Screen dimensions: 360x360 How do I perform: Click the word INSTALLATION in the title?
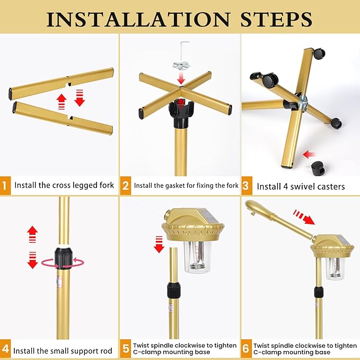coord(138,19)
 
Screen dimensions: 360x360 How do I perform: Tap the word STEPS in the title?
coord(276,19)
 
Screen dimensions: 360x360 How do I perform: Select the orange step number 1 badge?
coord(5,186)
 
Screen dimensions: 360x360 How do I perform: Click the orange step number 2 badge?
coord(125,186)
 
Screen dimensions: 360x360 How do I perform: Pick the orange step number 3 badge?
coord(247,186)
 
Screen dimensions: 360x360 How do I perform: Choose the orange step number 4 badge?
coord(5,349)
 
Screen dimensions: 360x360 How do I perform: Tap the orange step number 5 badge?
coord(125,349)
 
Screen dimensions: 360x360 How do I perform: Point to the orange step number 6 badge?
coord(247,349)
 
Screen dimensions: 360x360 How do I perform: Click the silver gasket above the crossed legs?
coord(181,66)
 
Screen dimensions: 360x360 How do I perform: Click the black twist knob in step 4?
coord(63,258)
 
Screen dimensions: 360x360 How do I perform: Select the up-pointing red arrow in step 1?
coord(62,101)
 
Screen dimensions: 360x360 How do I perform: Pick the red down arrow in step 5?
coord(159,244)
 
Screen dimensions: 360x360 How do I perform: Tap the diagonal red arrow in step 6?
coord(303,217)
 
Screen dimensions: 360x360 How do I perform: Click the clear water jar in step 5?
coord(198,257)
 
